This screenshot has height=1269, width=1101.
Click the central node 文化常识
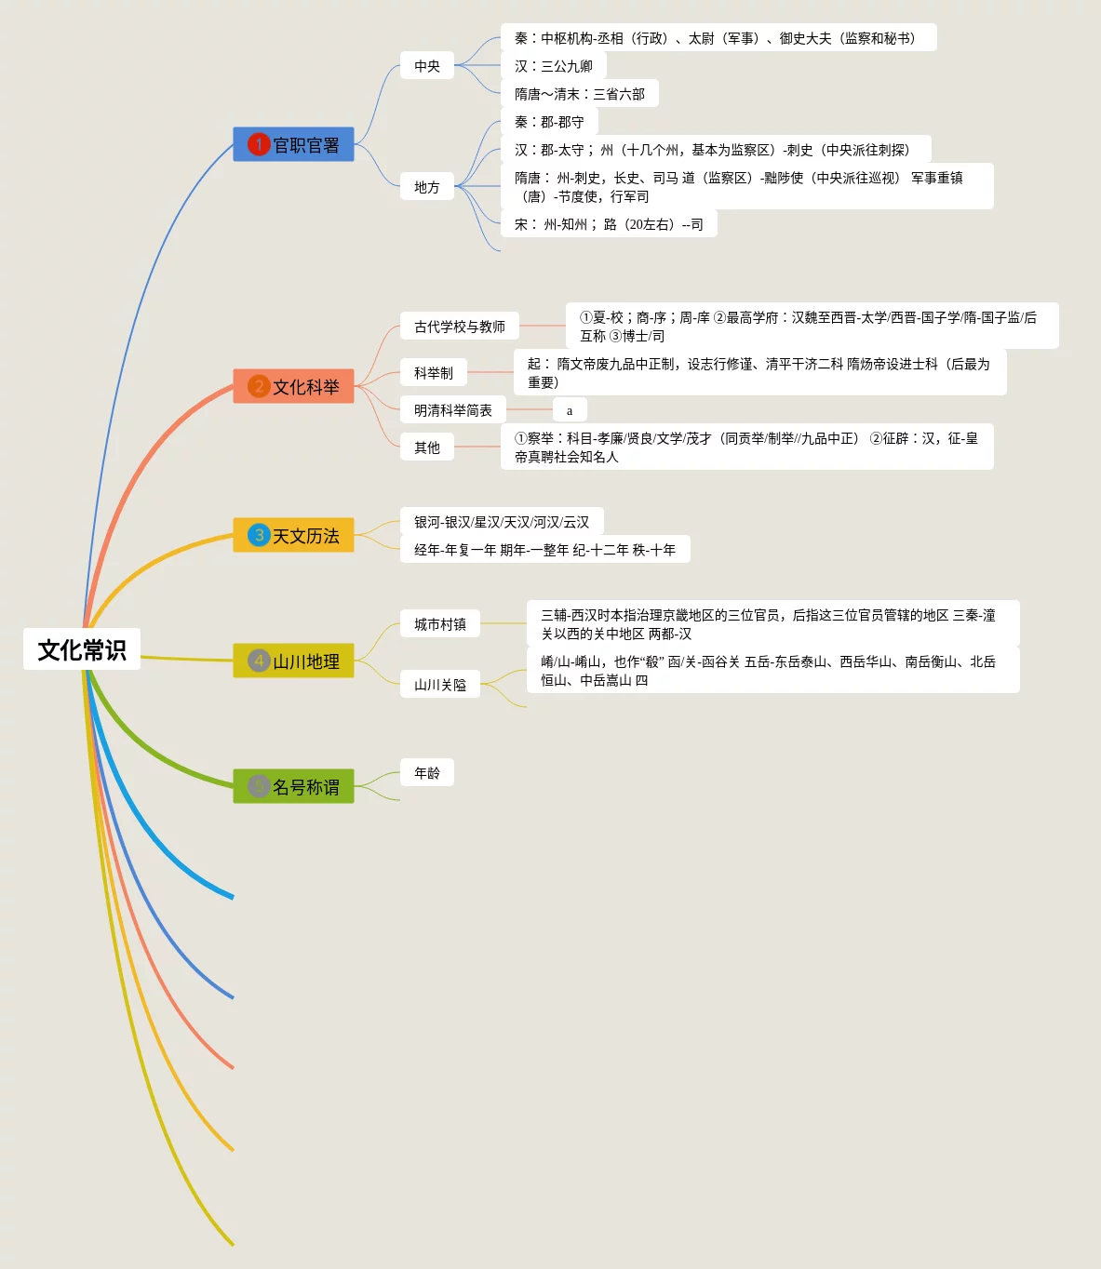[82, 649]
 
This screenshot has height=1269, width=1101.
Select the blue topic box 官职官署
[293, 144]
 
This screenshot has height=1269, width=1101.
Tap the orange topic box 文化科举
[293, 386]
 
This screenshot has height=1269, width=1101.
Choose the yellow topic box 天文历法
[293, 535]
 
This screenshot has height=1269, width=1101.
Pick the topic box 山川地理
[293, 661]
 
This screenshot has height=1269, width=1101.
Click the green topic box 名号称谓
[293, 786]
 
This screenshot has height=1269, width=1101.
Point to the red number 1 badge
[259, 144]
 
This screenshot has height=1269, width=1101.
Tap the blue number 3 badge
[259, 535]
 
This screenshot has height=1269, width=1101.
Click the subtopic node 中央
[427, 66]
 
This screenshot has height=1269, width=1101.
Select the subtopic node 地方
[427, 187]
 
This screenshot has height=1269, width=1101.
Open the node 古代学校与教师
[460, 327]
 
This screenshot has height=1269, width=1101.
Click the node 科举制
[434, 373]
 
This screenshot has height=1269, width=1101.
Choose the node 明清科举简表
[453, 410]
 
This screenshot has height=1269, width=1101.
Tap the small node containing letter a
[570, 410]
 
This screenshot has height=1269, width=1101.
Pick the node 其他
[427, 447]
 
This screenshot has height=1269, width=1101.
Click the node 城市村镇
[440, 624]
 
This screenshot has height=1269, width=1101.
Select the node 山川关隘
[440, 685]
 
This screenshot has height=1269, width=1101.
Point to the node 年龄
[427, 773]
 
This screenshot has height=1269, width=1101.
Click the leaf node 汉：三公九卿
[554, 66]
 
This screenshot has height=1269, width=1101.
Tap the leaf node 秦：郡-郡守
[549, 122]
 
